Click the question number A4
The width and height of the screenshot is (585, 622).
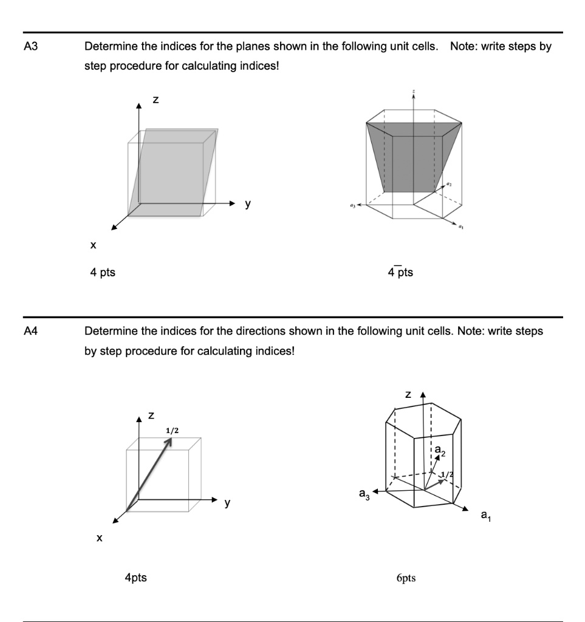30,331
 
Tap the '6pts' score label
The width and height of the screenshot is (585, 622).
406,578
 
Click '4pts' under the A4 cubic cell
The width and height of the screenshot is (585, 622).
135,578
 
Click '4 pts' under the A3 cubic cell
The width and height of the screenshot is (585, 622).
103,273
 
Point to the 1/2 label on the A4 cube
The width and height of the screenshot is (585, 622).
172,430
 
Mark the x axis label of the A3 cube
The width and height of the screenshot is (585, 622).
93,246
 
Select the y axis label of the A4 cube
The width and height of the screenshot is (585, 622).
227,503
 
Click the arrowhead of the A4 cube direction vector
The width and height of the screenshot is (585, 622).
169,441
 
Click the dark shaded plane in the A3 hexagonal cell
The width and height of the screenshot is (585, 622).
413,158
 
